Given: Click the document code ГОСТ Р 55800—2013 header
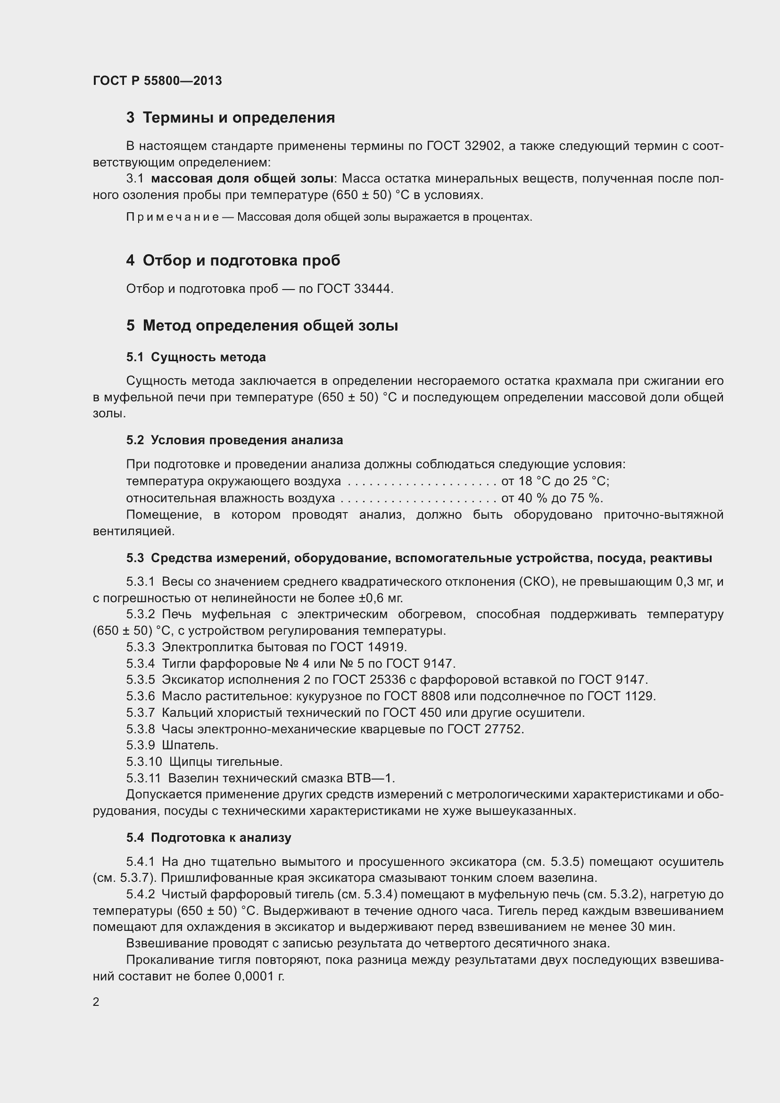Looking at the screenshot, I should pyautogui.click(x=157, y=81).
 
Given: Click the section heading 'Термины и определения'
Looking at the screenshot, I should pyautogui.click(x=239, y=118).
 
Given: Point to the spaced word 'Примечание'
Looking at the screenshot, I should pyautogui.click(x=173, y=217).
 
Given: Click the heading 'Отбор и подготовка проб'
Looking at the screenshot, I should pyautogui.click(x=241, y=260).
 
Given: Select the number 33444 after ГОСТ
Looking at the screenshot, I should pyautogui.click(x=373, y=289).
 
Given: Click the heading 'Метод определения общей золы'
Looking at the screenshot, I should pyautogui.click(x=270, y=326).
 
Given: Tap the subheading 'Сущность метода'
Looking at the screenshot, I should pyautogui.click(x=208, y=357).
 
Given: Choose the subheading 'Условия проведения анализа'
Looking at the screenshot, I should pyautogui.click(x=247, y=440).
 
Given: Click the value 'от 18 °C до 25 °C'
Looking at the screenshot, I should pyautogui.click(x=555, y=481).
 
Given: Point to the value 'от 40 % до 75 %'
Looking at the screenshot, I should pyautogui.click(x=551, y=498).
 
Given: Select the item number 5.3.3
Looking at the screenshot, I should pyautogui.click(x=140, y=647).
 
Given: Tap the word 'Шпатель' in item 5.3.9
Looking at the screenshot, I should pyautogui.click(x=190, y=745).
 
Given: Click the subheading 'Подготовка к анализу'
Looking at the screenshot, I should pyautogui.click(x=221, y=838).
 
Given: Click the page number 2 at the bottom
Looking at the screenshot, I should pyautogui.click(x=96, y=1002).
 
